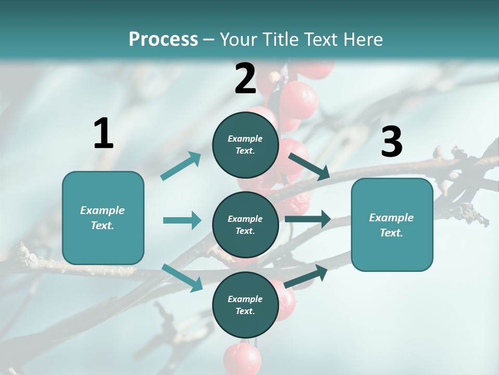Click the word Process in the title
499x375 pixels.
163,40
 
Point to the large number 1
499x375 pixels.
103,133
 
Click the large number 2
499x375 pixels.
245,79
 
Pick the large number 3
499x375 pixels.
391,142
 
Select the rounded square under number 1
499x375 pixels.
103,218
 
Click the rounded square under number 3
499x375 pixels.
392,224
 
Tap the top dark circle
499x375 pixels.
245,144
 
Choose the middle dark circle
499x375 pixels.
245,224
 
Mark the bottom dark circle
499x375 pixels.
245,305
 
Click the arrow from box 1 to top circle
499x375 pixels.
181,166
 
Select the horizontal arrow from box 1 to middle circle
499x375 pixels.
182,220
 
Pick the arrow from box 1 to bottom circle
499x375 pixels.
182,277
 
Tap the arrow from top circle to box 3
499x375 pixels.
309,166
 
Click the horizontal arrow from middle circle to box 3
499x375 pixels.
308,219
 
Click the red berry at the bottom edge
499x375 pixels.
242,358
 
